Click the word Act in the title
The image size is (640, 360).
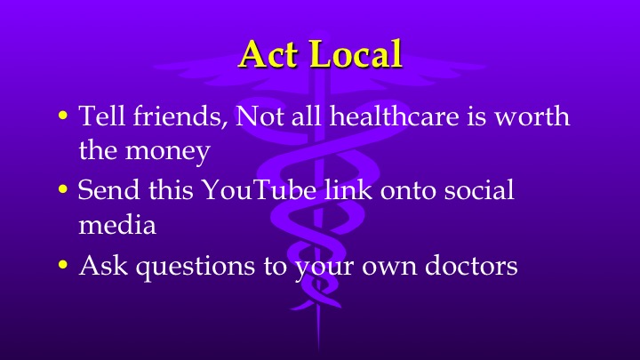[x=269, y=55]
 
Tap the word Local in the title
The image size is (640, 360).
[x=354, y=55]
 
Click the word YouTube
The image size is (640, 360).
[x=250, y=191]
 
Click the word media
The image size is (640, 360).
[x=117, y=226]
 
